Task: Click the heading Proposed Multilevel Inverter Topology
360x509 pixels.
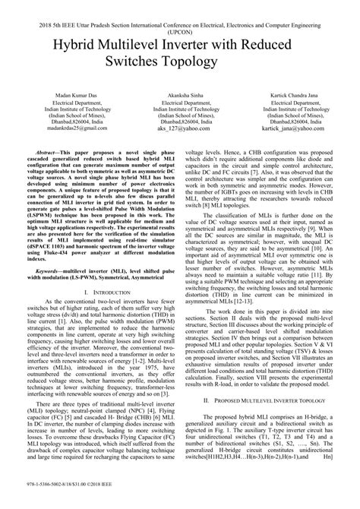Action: [x=274, y=399]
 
